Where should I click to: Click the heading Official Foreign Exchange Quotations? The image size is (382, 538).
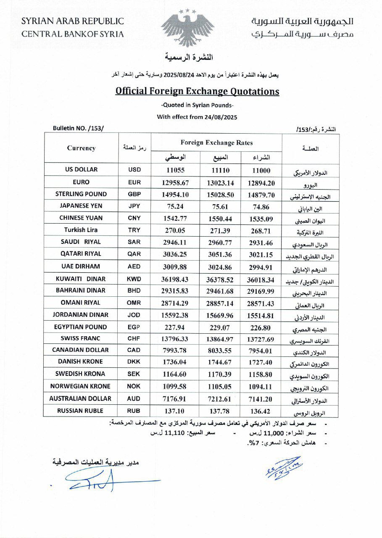tap(198, 91)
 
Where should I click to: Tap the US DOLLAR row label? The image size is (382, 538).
tap(82, 169)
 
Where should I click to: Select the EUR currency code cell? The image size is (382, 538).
tap(134, 182)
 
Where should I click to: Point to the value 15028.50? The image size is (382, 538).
tap(218, 195)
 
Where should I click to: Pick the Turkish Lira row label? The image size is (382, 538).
tap(82, 230)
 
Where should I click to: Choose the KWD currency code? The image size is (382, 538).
tap(134, 279)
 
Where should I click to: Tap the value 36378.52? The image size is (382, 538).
tap(218, 280)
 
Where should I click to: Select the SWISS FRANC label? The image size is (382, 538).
tap(82, 338)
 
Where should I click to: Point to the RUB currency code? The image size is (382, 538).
tap(134, 411)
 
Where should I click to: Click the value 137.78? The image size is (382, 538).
tap(218, 411)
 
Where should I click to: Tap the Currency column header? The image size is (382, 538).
tap(81, 148)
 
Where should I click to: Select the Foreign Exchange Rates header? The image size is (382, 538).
tap(216, 142)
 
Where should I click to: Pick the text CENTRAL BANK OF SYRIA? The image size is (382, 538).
tap(73, 34)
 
